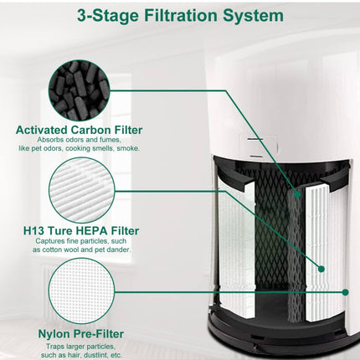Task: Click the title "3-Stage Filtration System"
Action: (x=180, y=16)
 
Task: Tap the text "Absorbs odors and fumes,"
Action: (x=80, y=140)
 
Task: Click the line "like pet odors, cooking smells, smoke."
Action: (x=80, y=149)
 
